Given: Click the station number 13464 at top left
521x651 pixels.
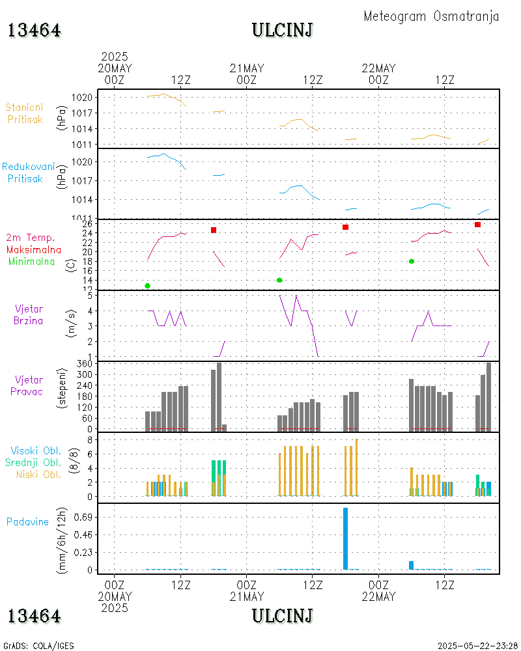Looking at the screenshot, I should tap(35, 30).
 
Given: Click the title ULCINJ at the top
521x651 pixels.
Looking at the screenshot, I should tap(282, 30).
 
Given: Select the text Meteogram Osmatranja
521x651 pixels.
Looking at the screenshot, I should tap(431, 16).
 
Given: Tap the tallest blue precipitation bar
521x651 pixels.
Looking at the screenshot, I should tap(345, 538).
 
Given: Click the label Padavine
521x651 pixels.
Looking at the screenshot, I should tap(27, 521).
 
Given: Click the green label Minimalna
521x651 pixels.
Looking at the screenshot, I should tap(32, 262).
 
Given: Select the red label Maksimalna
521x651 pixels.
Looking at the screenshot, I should tap(34, 249).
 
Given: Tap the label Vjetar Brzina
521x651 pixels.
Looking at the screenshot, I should tap(29, 314).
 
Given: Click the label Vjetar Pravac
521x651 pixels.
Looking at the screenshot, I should tap(29, 385).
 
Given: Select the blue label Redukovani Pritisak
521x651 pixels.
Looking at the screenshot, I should tap(28, 173).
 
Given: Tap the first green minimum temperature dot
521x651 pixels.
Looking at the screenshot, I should tap(148, 286).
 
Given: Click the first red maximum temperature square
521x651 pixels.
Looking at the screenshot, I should tap(214, 230).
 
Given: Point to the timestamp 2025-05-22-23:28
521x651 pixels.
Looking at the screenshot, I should tap(477, 646).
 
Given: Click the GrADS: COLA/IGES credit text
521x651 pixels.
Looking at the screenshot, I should tap(38, 646).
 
